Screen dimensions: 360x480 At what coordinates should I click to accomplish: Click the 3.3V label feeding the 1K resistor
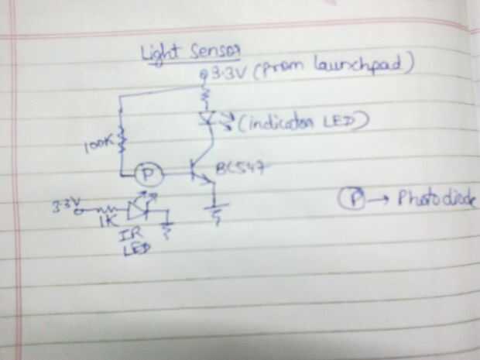[65, 205]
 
